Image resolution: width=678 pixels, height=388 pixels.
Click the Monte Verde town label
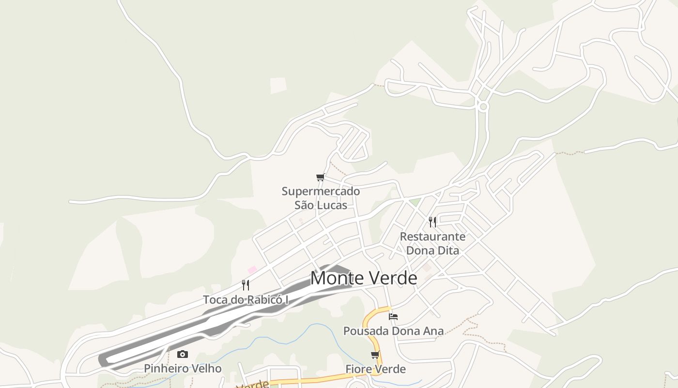pyautogui.click(x=363, y=278)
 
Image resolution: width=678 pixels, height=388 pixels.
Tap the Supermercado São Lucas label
pyautogui.click(x=321, y=198)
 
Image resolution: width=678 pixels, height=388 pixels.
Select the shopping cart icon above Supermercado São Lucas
pyautogui.click(x=320, y=178)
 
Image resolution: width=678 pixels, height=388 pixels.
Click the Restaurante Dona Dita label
pyautogui.click(x=432, y=243)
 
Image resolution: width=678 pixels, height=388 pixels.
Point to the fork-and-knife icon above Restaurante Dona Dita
pyautogui.click(x=432, y=222)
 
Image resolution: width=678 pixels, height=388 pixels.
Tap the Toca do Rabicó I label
pyautogui.click(x=246, y=300)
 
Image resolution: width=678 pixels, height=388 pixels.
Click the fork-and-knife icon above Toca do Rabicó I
pyautogui.click(x=246, y=285)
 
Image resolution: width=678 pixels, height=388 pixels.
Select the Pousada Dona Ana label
pyautogui.click(x=393, y=331)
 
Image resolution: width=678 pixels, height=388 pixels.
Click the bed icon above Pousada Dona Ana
pyautogui.click(x=393, y=317)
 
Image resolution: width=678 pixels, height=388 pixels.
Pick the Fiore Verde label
pyautogui.click(x=375, y=370)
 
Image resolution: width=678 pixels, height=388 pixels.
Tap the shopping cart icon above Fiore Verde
pyautogui.click(x=375, y=355)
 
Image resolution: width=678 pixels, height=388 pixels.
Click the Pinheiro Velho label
pyautogui.click(x=183, y=369)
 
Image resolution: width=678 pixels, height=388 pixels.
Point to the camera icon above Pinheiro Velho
pyautogui.click(x=182, y=355)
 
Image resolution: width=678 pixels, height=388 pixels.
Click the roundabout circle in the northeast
pyautogui.click(x=482, y=106)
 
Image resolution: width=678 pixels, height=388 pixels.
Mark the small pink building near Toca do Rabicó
pyautogui.click(x=252, y=269)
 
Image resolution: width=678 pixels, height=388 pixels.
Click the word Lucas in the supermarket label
pyautogui.click(x=332, y=205)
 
